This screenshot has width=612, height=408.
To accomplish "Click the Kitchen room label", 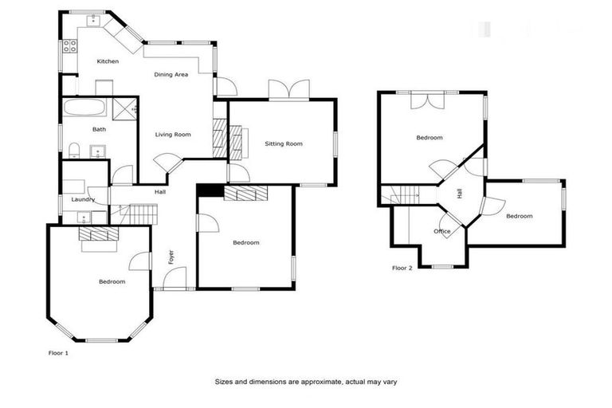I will [108, 61].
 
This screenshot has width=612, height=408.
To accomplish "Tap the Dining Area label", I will [171, 74].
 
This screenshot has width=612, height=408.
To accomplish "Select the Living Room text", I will [173, 135].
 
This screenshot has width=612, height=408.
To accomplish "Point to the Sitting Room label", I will [284, 144].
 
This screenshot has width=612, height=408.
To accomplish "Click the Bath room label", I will [99, 129].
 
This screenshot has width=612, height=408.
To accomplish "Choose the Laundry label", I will [83, 199].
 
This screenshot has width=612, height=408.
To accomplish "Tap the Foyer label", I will [171, 257].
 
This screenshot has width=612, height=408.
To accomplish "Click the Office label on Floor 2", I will [441, 232].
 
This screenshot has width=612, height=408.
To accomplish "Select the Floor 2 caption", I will [402, 269].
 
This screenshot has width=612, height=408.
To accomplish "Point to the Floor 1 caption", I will [58, 351].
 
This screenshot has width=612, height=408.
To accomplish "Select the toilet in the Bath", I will [73, 151].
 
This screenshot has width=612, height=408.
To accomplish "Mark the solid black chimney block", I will [210, 190].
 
